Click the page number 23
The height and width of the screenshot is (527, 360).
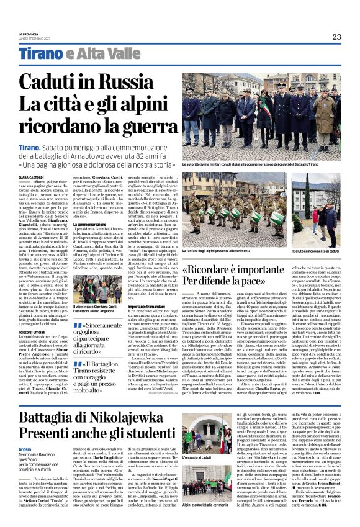(x=336, y=37)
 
